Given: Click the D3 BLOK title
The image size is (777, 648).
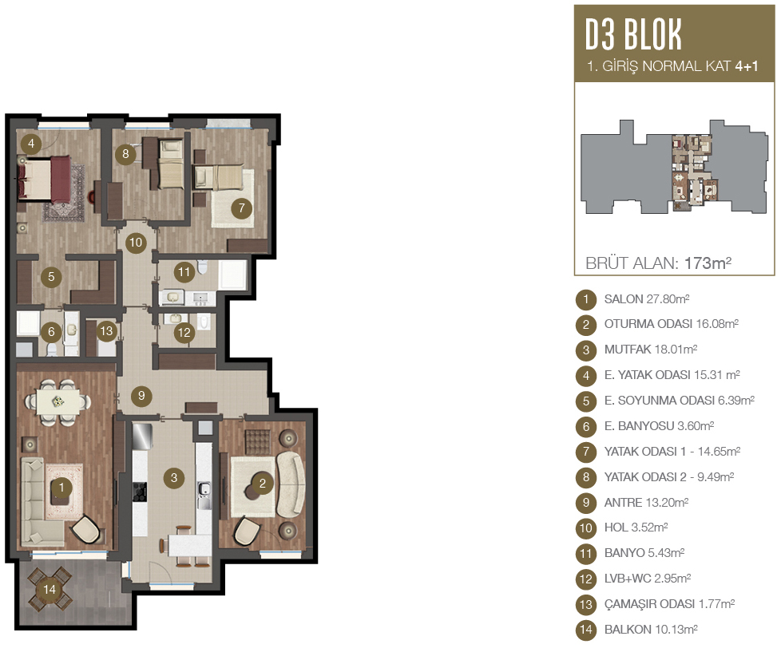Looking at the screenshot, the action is pyautogui.click(x=633, y=34).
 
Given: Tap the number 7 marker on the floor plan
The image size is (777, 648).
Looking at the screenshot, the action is pyautogui.click(x=241, y=208).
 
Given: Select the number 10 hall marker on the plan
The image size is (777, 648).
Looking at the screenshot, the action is pyautogui.click(x=136, y=243).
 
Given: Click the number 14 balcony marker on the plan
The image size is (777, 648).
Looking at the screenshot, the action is pyautogui.click(x=49, y=589).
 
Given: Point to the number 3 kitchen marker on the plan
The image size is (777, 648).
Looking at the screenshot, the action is pyautogui.click(x=173, y=478).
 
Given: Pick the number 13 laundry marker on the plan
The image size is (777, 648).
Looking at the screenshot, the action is pyautogui.click(x=106, y=330).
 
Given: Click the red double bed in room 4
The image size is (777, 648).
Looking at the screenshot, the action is pyautogui.click(x=44, y=179).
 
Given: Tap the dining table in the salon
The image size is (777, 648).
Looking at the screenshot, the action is pyautogui.click(x=58, y=402).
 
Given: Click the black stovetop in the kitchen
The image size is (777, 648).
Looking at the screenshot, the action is pyautogui.click(x=141, y=492).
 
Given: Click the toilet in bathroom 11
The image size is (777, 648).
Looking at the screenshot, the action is pyautogui.click(x=203, y=267).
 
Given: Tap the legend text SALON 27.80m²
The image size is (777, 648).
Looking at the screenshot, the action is pyautogui.click(x=647, y=299).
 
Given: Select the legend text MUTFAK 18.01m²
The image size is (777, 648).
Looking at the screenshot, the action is pyautogui.click(x=651, y=350).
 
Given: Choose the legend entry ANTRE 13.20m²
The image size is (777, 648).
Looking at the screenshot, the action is pyautogui.click(x=646, y=503).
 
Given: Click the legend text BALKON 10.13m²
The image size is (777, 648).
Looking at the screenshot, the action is pyautogui.click(x=651, y=630).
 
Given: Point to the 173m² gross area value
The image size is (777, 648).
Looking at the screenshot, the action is pyautogui.click(x=708, y=263).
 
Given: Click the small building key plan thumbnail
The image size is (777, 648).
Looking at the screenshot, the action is pyautogui.click(x=675, y=167).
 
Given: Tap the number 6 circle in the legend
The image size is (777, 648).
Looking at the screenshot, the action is pyautogui.click(x=585, y=426).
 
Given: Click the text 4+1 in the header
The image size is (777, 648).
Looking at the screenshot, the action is pyautogui.click(x=747, y=66).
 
